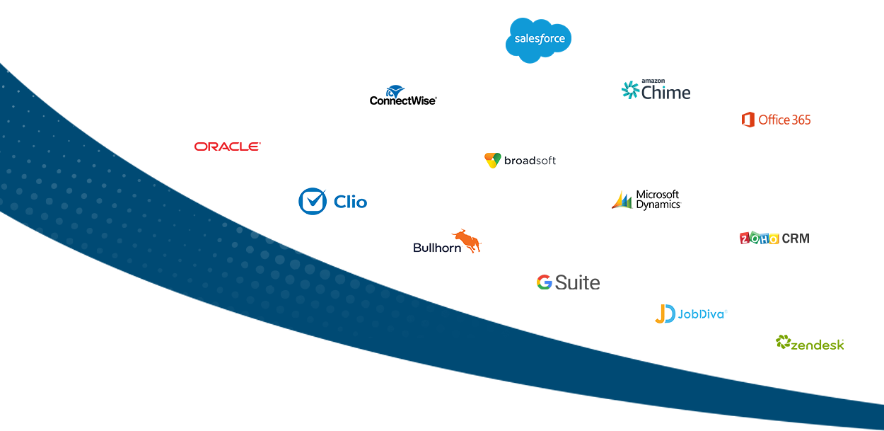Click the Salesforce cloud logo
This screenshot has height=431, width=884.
click(x=539, y=40)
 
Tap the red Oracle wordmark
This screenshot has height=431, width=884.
click(x=227, y=146)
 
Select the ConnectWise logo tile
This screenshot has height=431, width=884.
click(x=402, y=97)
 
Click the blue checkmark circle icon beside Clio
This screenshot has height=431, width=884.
click(x=312, y=201)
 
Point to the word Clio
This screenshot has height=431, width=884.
click(x=350, y=202)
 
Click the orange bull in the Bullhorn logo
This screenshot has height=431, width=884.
click(x=467, y=240)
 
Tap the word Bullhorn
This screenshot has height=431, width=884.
click(x=437, y=248)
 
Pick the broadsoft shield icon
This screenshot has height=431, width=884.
click(x=493, y=161)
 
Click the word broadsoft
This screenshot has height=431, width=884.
click(x=530, y=161)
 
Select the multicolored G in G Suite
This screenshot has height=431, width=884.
click(x=544, y=282)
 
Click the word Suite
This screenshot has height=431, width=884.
click(x=577, y=282)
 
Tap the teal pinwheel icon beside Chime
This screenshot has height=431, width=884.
click(x=630, y=91)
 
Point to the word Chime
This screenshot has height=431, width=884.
click(x=665, y=92)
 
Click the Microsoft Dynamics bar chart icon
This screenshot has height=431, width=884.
click(x=622, y=200)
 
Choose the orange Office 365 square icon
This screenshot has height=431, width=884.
click(x=748, y=120)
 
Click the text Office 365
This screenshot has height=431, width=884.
click(x=784, y=120)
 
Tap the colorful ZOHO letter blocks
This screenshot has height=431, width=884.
click(x=759, y=239)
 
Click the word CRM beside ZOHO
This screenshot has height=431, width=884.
click(x=796, y=239)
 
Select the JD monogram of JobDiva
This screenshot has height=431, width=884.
click(x=664, y=314)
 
